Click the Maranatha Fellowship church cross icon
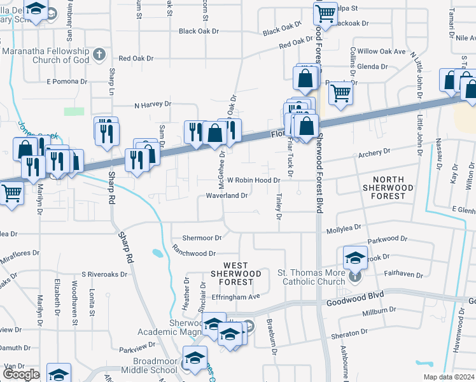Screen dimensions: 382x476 pyautogui.click(x=99, y=53)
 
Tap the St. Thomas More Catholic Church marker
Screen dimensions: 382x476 pyautogui.click(x=356, y=276)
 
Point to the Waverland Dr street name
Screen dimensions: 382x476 pyautogui.click(x=227, y=196)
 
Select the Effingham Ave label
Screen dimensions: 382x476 pyautogui.click(x=236, y=296)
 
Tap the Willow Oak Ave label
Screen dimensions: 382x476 pyautogui.click(x=381, y=51)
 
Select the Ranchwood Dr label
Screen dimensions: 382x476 pyautogui.click(x=194, y=253)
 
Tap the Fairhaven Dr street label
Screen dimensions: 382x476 pyautogui.click(x=403, y=274)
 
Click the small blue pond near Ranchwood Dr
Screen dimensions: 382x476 pyautogui.click(x=157, y=253)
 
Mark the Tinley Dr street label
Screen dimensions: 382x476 pyautogui.click(x=279, y=204)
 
